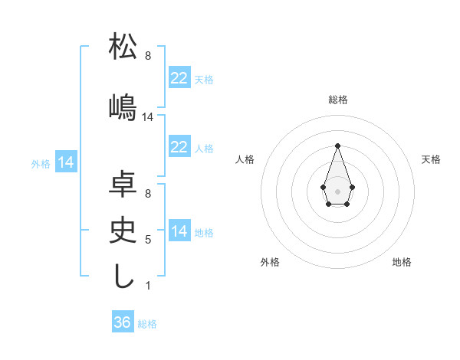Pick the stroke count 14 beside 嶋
tap(148, 117)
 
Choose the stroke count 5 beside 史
tap(148, 240)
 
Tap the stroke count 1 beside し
tap(148, 286)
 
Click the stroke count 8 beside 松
tap(148, 56)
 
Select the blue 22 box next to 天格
tap(179, 78)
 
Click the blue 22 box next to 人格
tap(179, 147)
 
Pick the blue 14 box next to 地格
tap(179, 231)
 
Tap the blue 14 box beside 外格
tap(65, 162)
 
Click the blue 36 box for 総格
tap(123, 322)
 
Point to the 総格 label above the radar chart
tap(337, 100)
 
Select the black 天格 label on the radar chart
tap(431, 159)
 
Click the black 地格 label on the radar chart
tap(402, 262)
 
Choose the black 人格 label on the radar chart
tap(245, 159)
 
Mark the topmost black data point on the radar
tap(337, 146)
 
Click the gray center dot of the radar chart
tap(337, 191)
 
